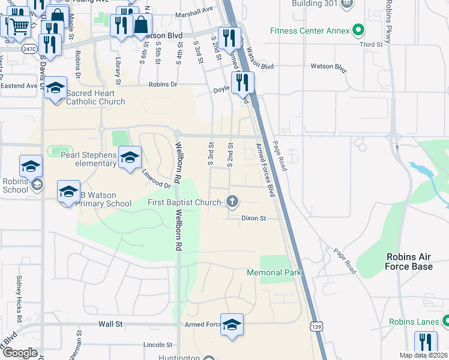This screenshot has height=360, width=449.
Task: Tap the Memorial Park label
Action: pyautogui.click(x=274, y=273)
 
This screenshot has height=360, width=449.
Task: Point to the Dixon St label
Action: pyautogui.click(x=253, y=219)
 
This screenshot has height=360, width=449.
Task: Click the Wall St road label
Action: pyautogui.click(x=110, y=324)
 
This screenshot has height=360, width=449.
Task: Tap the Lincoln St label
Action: pyautogui.click(x=158, y=345)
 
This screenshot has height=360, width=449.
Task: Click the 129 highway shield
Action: pyautogui.click(x=316, y=325)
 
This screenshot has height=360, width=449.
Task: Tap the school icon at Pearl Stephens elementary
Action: pyautogui.click(x=130, y=158)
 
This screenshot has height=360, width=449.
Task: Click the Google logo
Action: pyautogui.click(x=20, y=353)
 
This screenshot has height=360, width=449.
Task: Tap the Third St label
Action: pyautogui.click(x=371, y=44)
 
